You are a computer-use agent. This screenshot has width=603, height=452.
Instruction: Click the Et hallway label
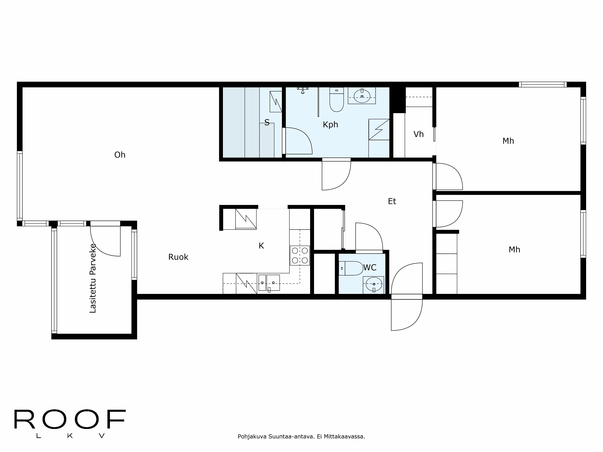[392, 201]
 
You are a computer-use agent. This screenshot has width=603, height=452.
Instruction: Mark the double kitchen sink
[269, 282]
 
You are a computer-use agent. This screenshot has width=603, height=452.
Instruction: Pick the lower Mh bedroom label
[514, 250]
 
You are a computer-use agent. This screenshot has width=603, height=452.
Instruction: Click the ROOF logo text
[70, 419]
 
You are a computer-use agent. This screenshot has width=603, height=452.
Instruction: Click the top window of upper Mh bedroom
[543, 85]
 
